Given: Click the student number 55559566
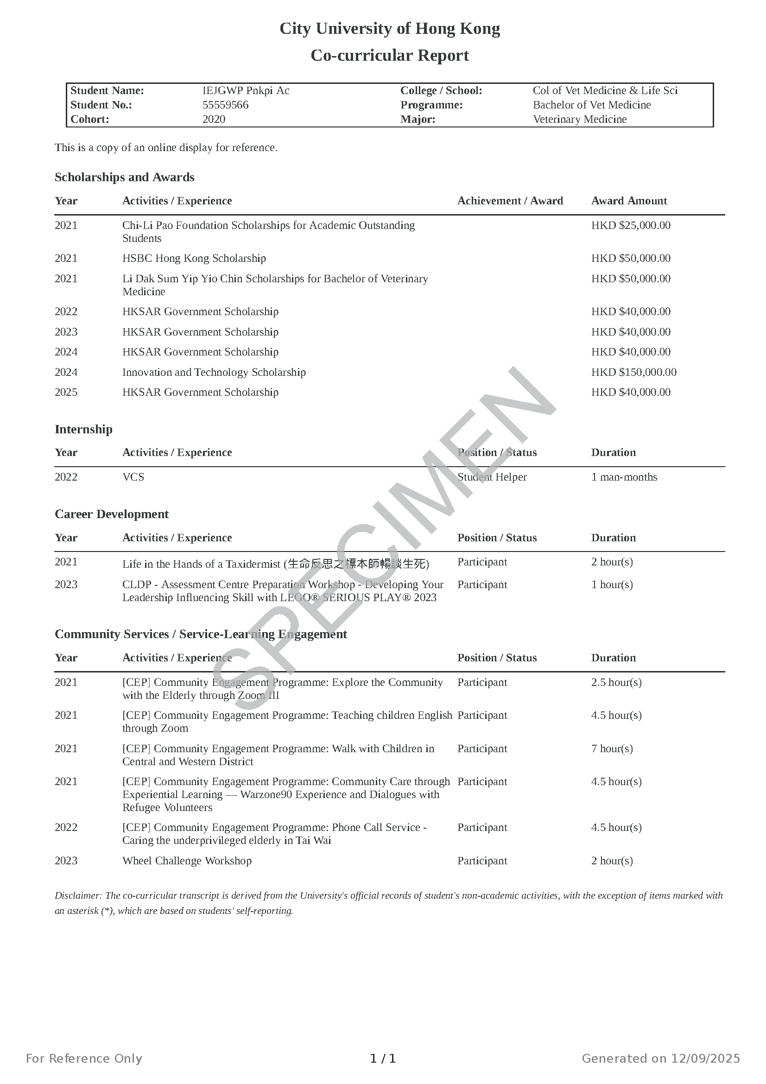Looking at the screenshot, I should [x=225, y=105].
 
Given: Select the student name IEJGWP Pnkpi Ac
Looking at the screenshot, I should [x=246, y=91].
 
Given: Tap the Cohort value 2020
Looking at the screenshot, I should [x=214, y=119].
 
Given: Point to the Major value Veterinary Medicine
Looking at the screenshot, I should [x=580, y=119].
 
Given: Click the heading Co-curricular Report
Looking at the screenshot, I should [x=389, y=55].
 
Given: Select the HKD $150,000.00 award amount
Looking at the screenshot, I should [x=633, y=372].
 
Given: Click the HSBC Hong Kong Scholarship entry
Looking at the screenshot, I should [x=194, y=258].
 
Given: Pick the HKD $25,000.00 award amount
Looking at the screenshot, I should [x=631, y=225].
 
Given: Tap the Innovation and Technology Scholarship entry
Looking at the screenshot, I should [x=214, y=372].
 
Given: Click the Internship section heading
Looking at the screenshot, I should [x=83, y=429].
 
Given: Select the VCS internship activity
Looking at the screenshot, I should [x=133, y=477].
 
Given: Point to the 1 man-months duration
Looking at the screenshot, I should [x=624, y=477].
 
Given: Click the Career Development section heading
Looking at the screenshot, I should [x=111, y=514].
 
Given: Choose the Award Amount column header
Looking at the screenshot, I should [x=629, y=201].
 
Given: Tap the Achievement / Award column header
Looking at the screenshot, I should [x=510, y=201].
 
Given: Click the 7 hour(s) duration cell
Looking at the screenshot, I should [x=612, y=748].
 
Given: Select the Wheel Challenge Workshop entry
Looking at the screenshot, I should [x=187, y=861].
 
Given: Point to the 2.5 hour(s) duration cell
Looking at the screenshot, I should [x=616, y=682].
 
